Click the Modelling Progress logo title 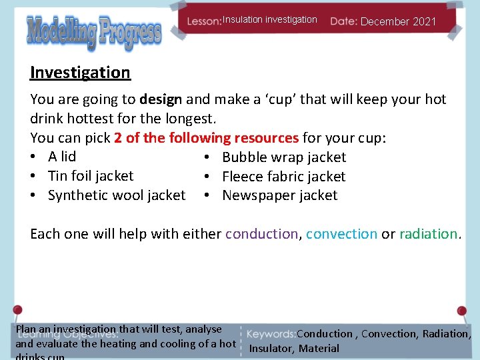pos(93,32)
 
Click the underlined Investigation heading pos(80,72)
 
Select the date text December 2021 pos(398,21)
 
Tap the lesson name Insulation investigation pos(269,20)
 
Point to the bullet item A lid pos(62,157)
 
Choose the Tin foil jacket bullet pos(91,176)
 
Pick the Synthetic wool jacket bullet pos(117,195)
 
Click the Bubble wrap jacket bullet pos(284,157)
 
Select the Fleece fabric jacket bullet pos(283,177)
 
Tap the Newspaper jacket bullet pos(279,195)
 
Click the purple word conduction pos(261,234)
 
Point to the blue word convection pos(341,234)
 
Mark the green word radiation pos(428,234)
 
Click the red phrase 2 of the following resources pos(206,138)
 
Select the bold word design pos(161,99)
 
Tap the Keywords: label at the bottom pos(271,334)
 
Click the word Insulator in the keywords pos(271,349)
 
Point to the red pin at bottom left pos(17,310)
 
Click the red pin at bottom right pos(461,311)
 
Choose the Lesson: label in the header pos(204,21)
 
